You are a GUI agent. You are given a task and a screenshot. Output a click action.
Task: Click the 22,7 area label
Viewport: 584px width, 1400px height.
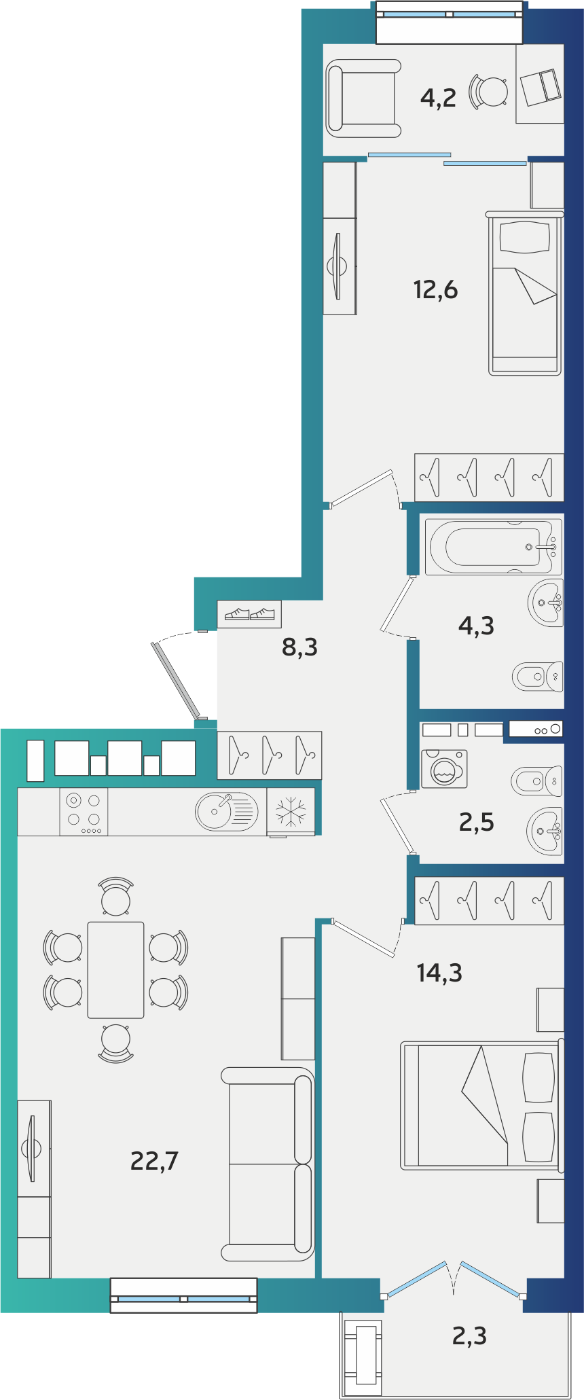(154, 1161)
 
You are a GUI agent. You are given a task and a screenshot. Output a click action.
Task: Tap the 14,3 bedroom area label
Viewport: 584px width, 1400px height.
(439, 973)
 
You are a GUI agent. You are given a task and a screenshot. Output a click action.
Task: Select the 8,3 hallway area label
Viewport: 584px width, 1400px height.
(299, 647)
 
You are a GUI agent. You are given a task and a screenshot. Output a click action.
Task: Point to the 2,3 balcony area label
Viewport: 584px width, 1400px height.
(469, 1336)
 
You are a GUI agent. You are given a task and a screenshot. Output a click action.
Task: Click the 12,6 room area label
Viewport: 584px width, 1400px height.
(435, 289)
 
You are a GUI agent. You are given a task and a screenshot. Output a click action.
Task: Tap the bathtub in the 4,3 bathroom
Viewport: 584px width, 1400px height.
(494, 546)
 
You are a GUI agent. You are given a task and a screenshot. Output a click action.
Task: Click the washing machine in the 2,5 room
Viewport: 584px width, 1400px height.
(444, 769)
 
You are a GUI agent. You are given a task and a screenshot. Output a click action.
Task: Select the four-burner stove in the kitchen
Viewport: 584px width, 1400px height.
(84, 812)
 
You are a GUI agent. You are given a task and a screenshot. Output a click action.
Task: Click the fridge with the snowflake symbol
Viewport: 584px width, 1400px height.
(291, 812)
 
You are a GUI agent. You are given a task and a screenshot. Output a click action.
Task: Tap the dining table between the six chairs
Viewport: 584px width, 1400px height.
(115, 970)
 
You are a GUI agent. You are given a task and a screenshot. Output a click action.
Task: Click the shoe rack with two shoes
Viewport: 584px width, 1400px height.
(249, 614)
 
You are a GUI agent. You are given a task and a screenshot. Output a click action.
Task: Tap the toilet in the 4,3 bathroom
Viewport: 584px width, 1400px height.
(537, 676)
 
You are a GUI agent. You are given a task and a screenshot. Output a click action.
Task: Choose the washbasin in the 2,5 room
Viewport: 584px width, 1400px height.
(545, 831)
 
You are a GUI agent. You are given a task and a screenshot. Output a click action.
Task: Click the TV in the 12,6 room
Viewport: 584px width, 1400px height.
(337, 266)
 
